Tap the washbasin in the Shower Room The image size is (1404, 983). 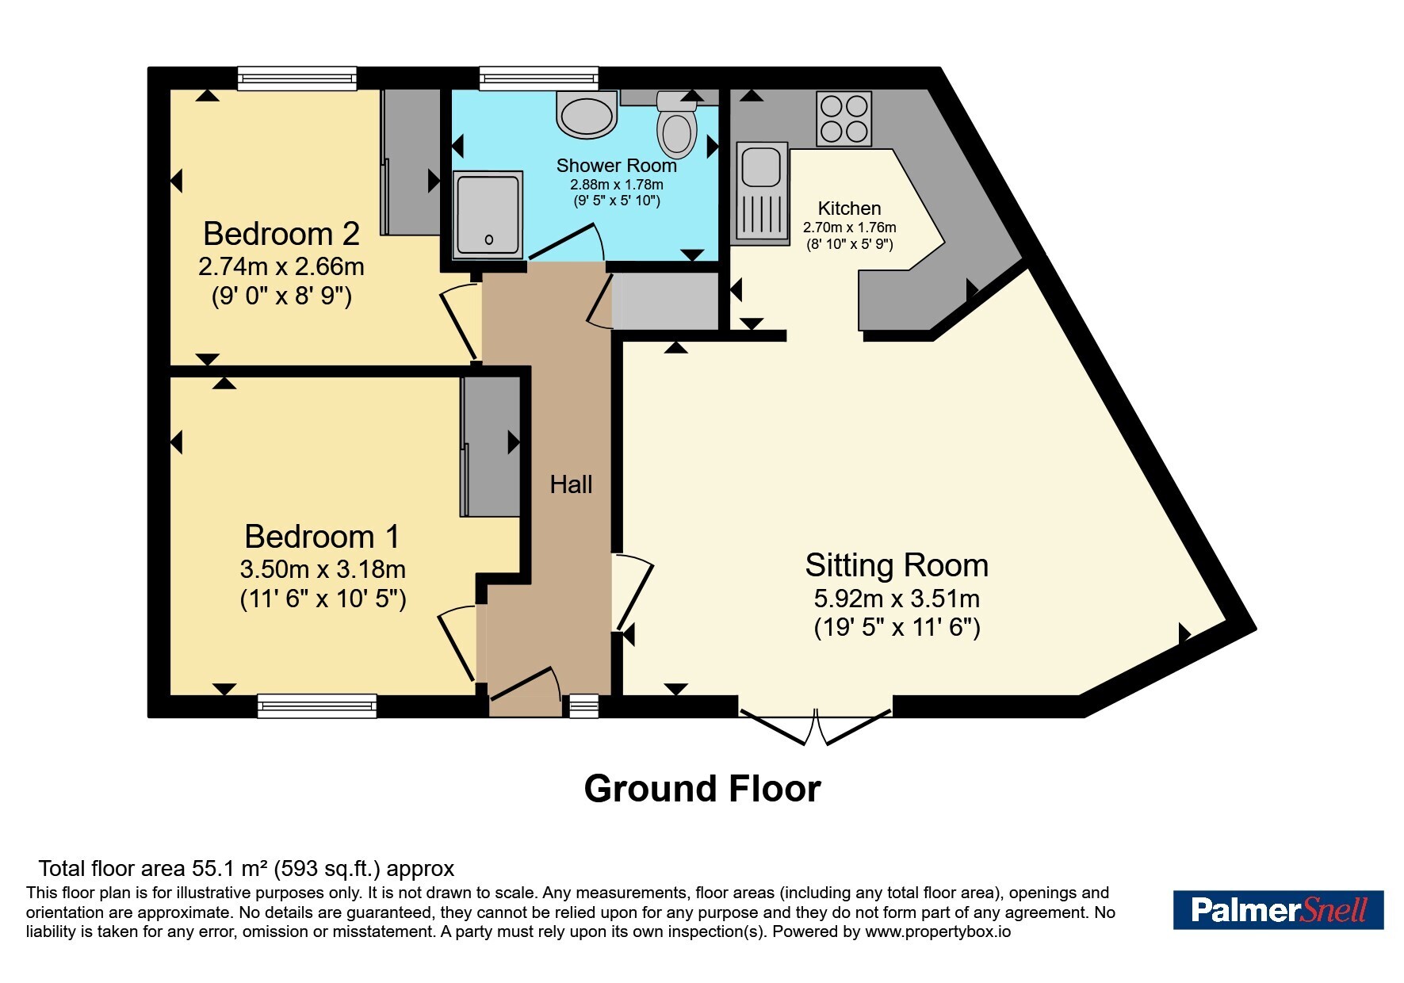click(587, 114)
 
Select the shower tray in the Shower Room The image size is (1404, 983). click(488, 215)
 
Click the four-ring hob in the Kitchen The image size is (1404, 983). click(844, 119)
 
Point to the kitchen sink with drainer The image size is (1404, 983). click(763, 190)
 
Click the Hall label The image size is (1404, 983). click(571, 484)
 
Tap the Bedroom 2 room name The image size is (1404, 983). click(281, 234)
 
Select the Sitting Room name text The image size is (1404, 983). click(897, 565)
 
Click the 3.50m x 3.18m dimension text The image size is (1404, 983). click(323, 569)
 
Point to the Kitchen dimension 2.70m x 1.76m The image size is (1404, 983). click(850, 228)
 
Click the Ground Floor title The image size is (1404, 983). click(702, 789)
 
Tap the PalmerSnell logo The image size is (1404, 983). click(1278, 909)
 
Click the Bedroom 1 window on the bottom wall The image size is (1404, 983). click(317, 706)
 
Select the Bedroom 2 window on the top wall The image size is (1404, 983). click(297, 78)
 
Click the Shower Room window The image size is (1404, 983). click(539, 78)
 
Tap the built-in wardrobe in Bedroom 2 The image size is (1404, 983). click(411, 162)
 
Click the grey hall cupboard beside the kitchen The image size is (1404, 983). click(666, 300)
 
